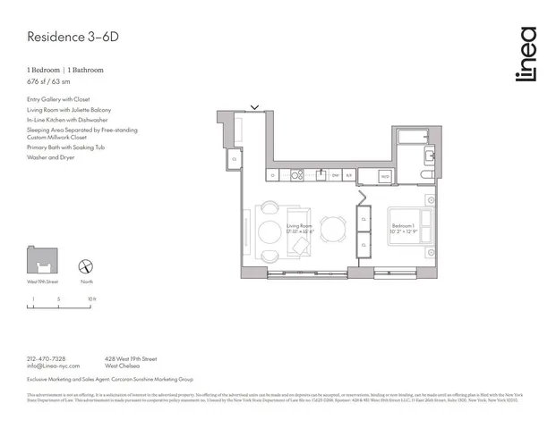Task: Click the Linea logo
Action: click(526, 55)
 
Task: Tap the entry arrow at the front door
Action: click(255, 108)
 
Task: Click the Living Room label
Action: click(298, 226)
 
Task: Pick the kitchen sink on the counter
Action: click(320, 175)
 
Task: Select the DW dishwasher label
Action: click(335, 175)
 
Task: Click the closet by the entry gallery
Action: click(234, 160)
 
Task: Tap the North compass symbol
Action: click(87, 265)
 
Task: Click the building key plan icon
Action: click(40, 261)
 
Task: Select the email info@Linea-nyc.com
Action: click(53, 366)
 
